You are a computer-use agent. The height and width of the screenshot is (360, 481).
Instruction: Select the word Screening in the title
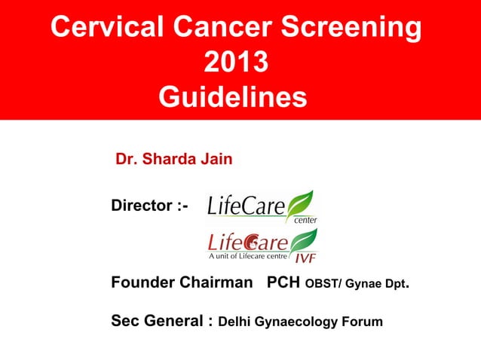pyautogui.click(x=352, y=27)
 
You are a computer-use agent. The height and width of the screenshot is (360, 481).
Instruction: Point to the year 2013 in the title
pyautogui.click(x=236, y=63)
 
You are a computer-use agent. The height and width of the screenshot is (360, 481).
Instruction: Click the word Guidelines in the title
pyautogui.click(x=234, y=98)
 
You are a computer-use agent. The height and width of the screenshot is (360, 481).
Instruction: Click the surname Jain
pyautogui.click(x=216, y=160)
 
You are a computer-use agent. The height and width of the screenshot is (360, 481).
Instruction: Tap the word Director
pyautogui.click(x=142, y=205)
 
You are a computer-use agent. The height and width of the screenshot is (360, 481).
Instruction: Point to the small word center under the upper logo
pyautogui.click(x=305, y=219)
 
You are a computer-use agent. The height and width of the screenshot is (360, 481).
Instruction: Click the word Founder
pyautogui.click(x=142, y=284)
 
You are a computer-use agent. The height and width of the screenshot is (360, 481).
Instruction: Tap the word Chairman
pyautogui.click(x=218, y=284)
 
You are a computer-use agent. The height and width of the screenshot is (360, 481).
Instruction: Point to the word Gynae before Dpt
pyautogui.click(x=364, y=285)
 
